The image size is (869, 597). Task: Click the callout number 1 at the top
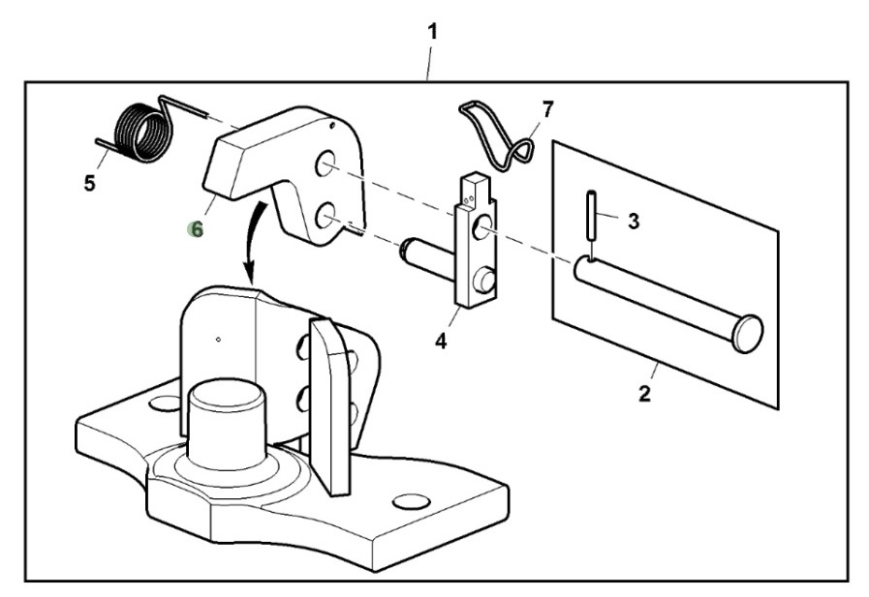(432, 31)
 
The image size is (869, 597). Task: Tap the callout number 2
(644, 394)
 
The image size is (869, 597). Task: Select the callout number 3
(633, 222)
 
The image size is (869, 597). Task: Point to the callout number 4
(441, 342)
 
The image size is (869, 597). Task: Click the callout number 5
(89, 183)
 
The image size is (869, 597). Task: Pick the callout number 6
(197, 229)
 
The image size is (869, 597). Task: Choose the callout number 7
(548, 108)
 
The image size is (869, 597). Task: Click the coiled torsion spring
(140, 133)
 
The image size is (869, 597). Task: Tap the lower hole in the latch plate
(325, 215)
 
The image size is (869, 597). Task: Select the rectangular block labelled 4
(476, 242)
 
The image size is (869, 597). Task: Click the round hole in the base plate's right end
(412, 501)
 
